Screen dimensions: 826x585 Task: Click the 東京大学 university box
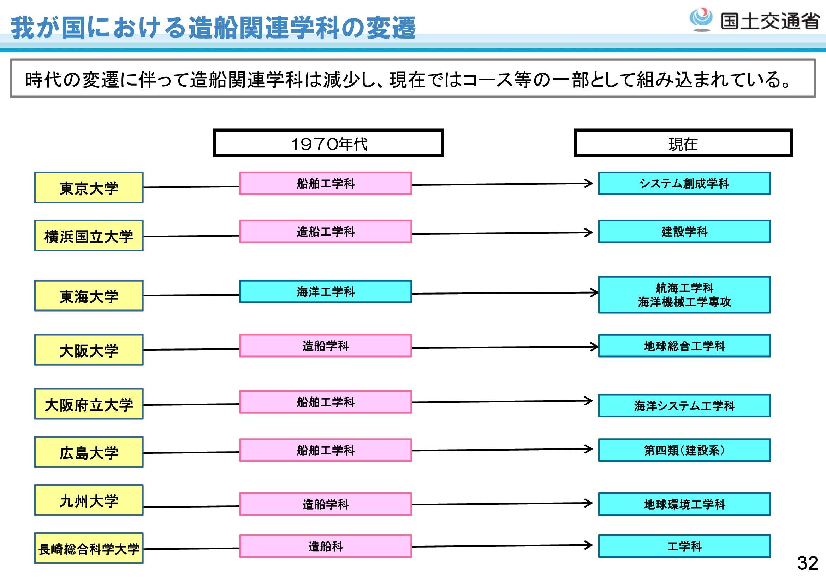pyautogui.click(x=89, y=187)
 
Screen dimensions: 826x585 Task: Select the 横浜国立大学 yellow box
pyautogui.click(x=89, y=236)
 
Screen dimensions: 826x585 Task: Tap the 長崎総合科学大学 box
pyautogui.click(x=89, y=548)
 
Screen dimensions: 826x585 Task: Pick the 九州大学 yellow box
pyautogui.click(x=89, y=500)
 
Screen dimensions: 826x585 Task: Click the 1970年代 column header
pyautogui.click(x=328, y=143)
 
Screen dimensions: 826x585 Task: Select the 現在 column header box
pyautogui.click(x=683, y=143)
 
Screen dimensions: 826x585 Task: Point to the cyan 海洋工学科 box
pyautogui.click(x=326, y=291)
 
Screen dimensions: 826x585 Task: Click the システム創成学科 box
pyautogui.click(x=685, y=183)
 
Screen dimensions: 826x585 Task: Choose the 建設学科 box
pyautogui.click(x=685, y=231)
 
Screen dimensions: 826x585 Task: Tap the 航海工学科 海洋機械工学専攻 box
pyautogui.click(x=685, y=295)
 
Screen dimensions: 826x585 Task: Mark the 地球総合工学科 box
pyautogui.click(x=685, y=346)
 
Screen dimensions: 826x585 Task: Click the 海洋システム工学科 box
pyautogui.click(x=685, y=406)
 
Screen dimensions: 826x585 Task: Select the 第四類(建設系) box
pyautogui.click(x=685, y=450)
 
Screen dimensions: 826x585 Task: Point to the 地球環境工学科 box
pyautogui.click(x=685, y=504)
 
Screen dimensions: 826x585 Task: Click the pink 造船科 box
pyautogui.click(x=326, y=546)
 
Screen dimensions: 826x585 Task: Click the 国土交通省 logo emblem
pyautogui.click(x=700, y=19)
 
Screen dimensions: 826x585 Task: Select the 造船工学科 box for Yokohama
pyautogui.click(x=326, y=231)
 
